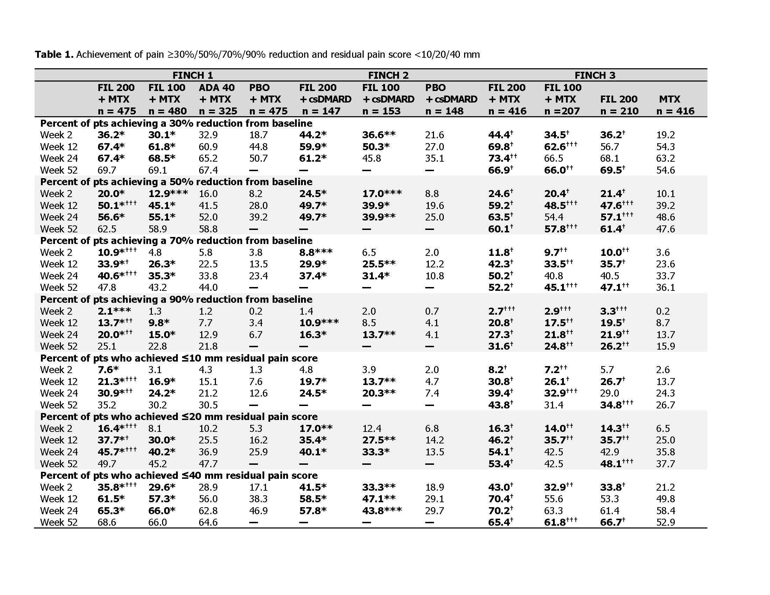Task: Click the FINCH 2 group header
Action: [388, 75]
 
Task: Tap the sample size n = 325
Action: [218, 111]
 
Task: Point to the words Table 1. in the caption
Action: [54, 55]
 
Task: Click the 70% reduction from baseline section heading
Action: [176, 240]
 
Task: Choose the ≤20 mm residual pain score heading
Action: [179, 416]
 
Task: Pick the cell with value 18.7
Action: [258, 135]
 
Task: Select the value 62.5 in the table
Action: [107, 229]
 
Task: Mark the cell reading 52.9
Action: [665, 522]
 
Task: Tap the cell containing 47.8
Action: [107, 287]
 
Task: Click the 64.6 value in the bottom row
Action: [208, 522]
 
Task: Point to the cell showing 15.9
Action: [665, 346]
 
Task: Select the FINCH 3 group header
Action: [594, 75]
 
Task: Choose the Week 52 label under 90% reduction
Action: [58, 346]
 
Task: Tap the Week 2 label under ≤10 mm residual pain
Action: [56, 370]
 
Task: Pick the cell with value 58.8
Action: [208, 229]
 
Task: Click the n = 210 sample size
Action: [619, 111]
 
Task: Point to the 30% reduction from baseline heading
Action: [176, 123]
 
